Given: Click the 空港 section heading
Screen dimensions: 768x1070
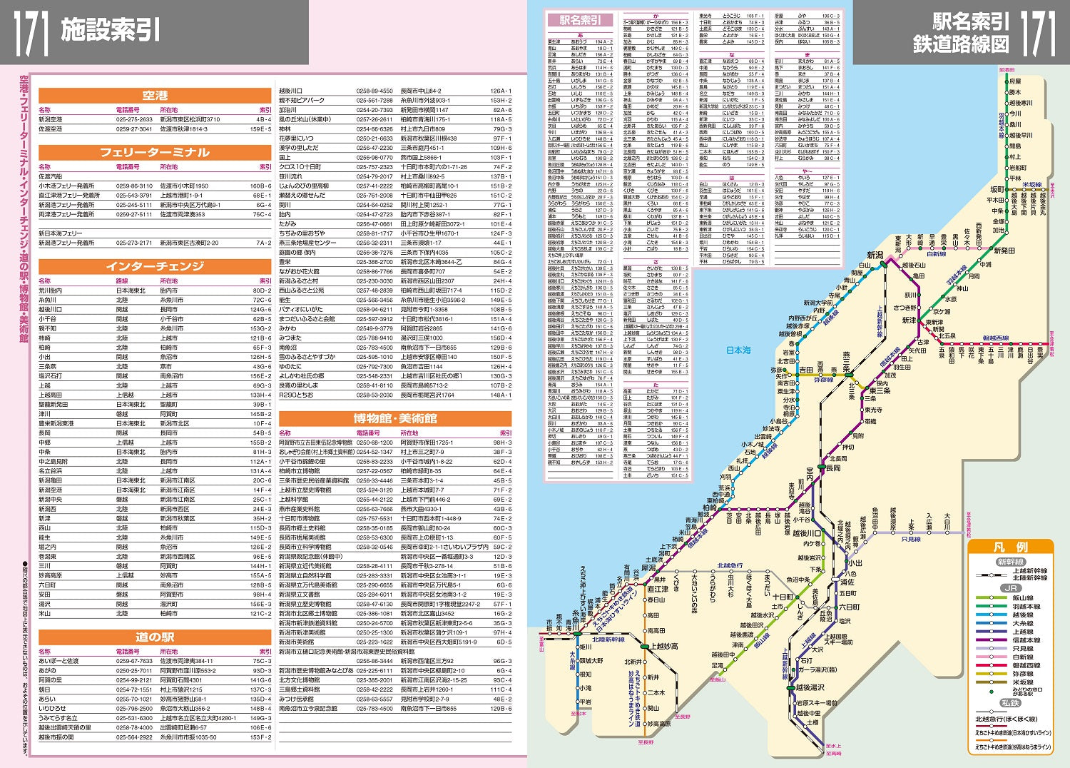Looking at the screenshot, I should coord(155,96).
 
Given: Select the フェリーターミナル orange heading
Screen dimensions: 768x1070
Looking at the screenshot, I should coord(155,153).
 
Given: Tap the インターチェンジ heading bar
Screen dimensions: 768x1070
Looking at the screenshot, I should coord(155,266).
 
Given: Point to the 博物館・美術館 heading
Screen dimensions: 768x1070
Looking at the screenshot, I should coord(394,418).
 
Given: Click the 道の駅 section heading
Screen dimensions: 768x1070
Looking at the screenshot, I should coord(155,637).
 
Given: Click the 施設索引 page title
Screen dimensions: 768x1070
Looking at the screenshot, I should coord(110,30).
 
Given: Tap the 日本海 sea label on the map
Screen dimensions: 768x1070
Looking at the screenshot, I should coord(738,350).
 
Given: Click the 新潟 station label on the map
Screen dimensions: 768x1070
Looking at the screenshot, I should coord(875,256).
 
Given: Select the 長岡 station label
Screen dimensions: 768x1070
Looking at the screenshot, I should coord(833,468).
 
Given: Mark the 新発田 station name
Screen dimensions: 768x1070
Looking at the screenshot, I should coord(1004,251).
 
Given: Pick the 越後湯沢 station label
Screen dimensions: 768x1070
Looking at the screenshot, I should coord(810,687).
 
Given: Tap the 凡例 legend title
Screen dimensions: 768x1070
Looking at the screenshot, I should coord(1011,547).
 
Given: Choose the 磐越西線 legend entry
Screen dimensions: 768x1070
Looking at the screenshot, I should coord(1024,665).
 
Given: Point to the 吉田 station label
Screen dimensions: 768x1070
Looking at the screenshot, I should coord(806,370).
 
